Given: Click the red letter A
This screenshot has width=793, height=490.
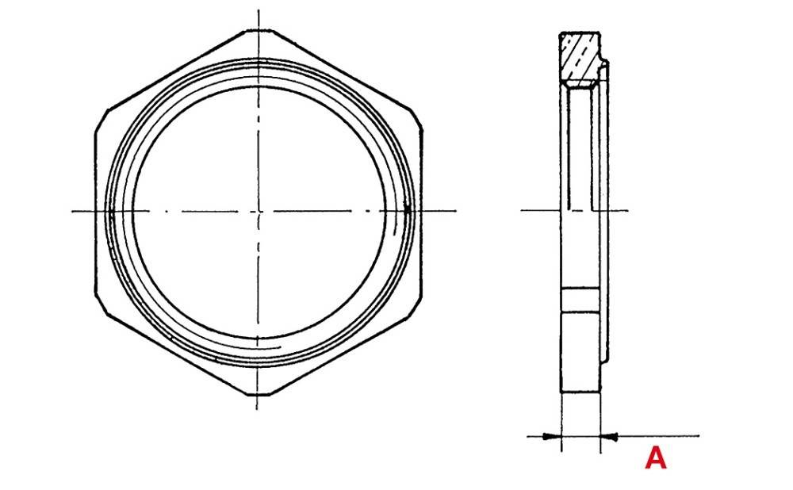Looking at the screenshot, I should click(655, 457).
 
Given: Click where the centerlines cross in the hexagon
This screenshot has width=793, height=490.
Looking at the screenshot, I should click(258, 211).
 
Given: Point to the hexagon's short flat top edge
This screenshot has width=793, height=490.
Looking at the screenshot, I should click(258, 32).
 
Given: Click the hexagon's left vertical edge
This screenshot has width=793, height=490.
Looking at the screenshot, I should click(96, 211).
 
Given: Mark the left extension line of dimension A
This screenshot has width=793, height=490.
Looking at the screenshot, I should click(561, 420).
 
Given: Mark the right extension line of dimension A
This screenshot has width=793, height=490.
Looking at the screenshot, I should click(600, 420).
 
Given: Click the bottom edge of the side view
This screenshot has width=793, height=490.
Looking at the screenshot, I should click(580, 392).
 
